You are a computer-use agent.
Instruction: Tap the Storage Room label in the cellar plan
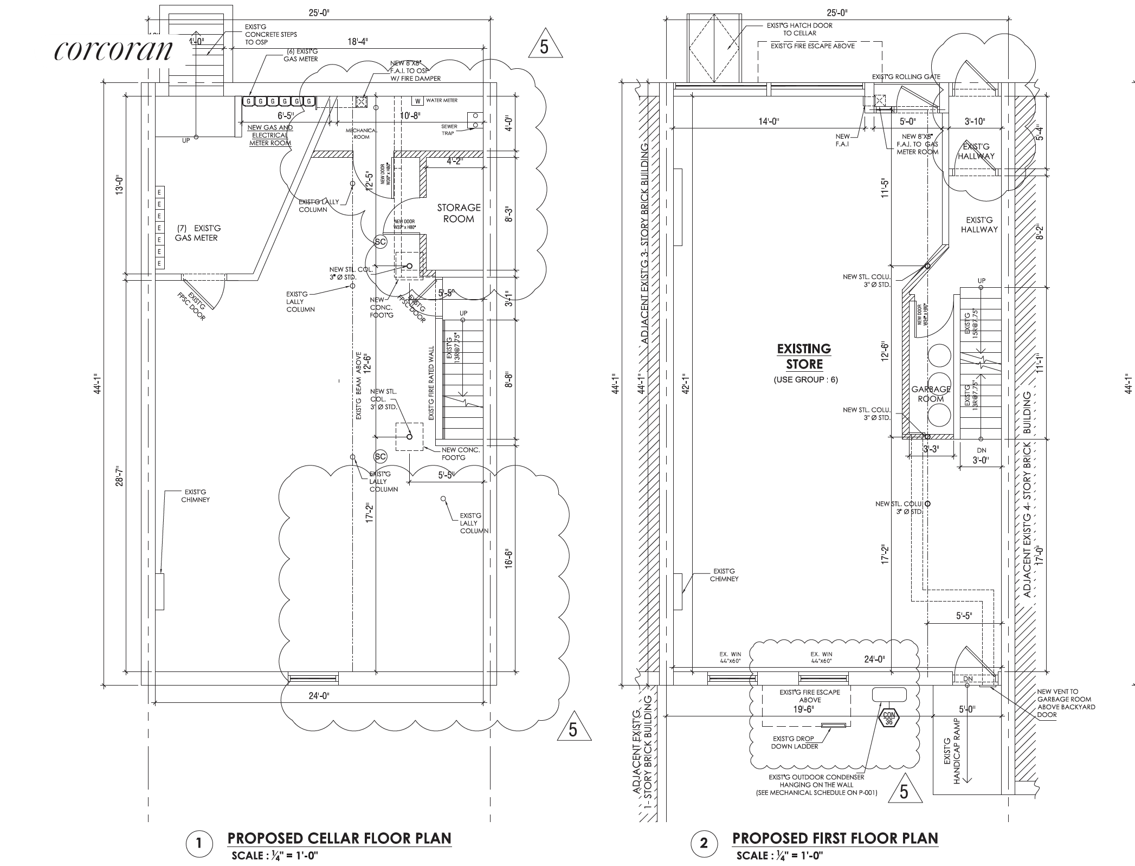459,213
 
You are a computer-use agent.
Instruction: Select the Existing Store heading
804,356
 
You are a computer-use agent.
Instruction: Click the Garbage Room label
931,394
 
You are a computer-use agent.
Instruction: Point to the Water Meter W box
417,101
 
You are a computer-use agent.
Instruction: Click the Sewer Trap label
449,130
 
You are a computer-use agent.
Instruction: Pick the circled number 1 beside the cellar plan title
198,844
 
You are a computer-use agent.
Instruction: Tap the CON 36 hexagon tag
888,719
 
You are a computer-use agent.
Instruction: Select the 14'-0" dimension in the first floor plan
769,121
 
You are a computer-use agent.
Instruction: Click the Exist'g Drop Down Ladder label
795,742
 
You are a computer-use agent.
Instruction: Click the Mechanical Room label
362,134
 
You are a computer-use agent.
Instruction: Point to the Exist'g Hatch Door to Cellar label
799,29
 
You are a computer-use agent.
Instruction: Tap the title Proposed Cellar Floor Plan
339,838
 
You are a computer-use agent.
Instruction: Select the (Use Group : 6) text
805,379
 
